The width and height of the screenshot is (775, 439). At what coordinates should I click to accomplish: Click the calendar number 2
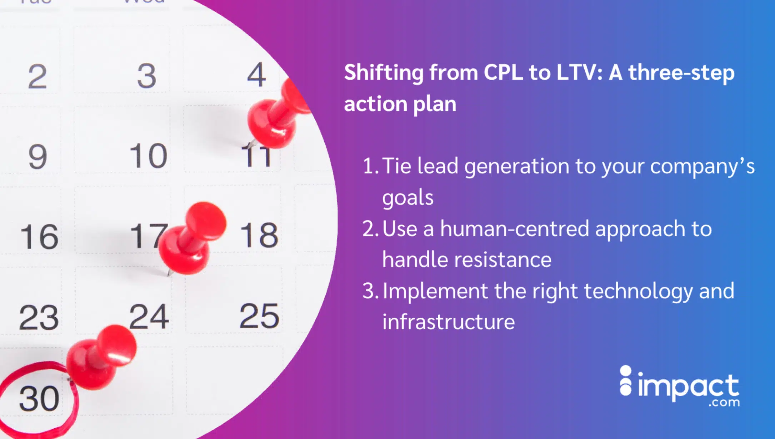coord(37,76)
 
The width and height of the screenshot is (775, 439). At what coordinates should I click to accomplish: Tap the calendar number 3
coord(147,76)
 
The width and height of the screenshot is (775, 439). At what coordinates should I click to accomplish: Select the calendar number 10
coord(148,156)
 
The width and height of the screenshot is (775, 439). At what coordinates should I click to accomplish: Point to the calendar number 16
coord(39,237)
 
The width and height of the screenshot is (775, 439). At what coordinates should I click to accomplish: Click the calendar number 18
coord(259,235)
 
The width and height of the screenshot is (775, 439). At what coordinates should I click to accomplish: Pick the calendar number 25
coord(259,316)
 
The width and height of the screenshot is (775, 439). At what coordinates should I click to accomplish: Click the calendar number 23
coord(39,318)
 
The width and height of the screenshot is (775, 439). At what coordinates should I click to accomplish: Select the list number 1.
coord(369,166)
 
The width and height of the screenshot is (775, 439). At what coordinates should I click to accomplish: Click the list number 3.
coord(369,291)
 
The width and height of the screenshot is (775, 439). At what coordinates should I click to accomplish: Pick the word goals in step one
coord(407,198)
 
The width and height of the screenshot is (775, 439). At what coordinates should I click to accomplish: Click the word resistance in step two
coord(502,260)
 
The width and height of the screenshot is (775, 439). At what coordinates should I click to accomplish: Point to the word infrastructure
coord(449,322)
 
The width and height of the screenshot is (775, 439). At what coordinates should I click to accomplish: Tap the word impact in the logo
coord(688,387)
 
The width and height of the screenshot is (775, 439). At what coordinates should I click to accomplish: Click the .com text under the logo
coord(724,403)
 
